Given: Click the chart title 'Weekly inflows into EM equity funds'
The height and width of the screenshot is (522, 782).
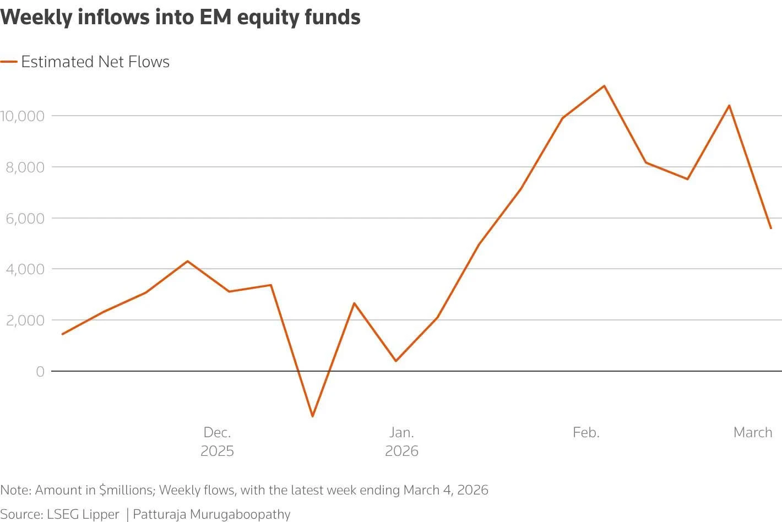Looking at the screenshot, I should tap(181, 18).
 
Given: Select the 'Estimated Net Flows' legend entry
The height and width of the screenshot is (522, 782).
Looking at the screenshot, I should tap(95, 62).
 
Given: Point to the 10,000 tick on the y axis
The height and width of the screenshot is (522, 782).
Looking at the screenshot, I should tap(22, 116).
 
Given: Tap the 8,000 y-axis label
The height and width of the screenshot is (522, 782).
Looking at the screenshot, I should tap(25, 167).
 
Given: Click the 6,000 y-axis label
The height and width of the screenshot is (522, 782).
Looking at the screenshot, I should tap(25, 218).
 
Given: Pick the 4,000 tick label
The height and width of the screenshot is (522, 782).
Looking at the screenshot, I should tap(25, 269).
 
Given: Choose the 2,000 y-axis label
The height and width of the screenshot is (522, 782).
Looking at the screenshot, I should tap(25, 320).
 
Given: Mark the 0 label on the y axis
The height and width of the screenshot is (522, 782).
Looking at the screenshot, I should tap(40, 372).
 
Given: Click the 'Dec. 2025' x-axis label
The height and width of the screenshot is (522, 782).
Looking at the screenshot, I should tap(217, 442).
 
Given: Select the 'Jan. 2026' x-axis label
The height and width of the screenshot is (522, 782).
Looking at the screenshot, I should tap(401, 442).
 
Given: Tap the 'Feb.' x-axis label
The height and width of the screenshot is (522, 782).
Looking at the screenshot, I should tap(586, 432).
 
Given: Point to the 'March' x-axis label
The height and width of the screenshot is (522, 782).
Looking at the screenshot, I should tap(753, 432).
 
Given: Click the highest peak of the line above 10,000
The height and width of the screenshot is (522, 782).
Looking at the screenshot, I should tap(604, 86).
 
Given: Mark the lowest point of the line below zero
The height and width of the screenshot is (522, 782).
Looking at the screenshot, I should tap(312, 416).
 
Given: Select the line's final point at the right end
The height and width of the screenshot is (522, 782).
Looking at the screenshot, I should tap(770, 228).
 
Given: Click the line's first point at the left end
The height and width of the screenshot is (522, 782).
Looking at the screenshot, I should tap(62, 334).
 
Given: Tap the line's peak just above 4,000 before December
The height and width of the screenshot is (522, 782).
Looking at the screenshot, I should tap(187, 261).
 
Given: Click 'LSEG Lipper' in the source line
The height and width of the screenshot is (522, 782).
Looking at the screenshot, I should tap(83, 514).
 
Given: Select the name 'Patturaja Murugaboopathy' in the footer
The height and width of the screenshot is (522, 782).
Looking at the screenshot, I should tap(211, 514).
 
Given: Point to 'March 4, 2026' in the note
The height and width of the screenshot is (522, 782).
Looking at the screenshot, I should tap(446, 490).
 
